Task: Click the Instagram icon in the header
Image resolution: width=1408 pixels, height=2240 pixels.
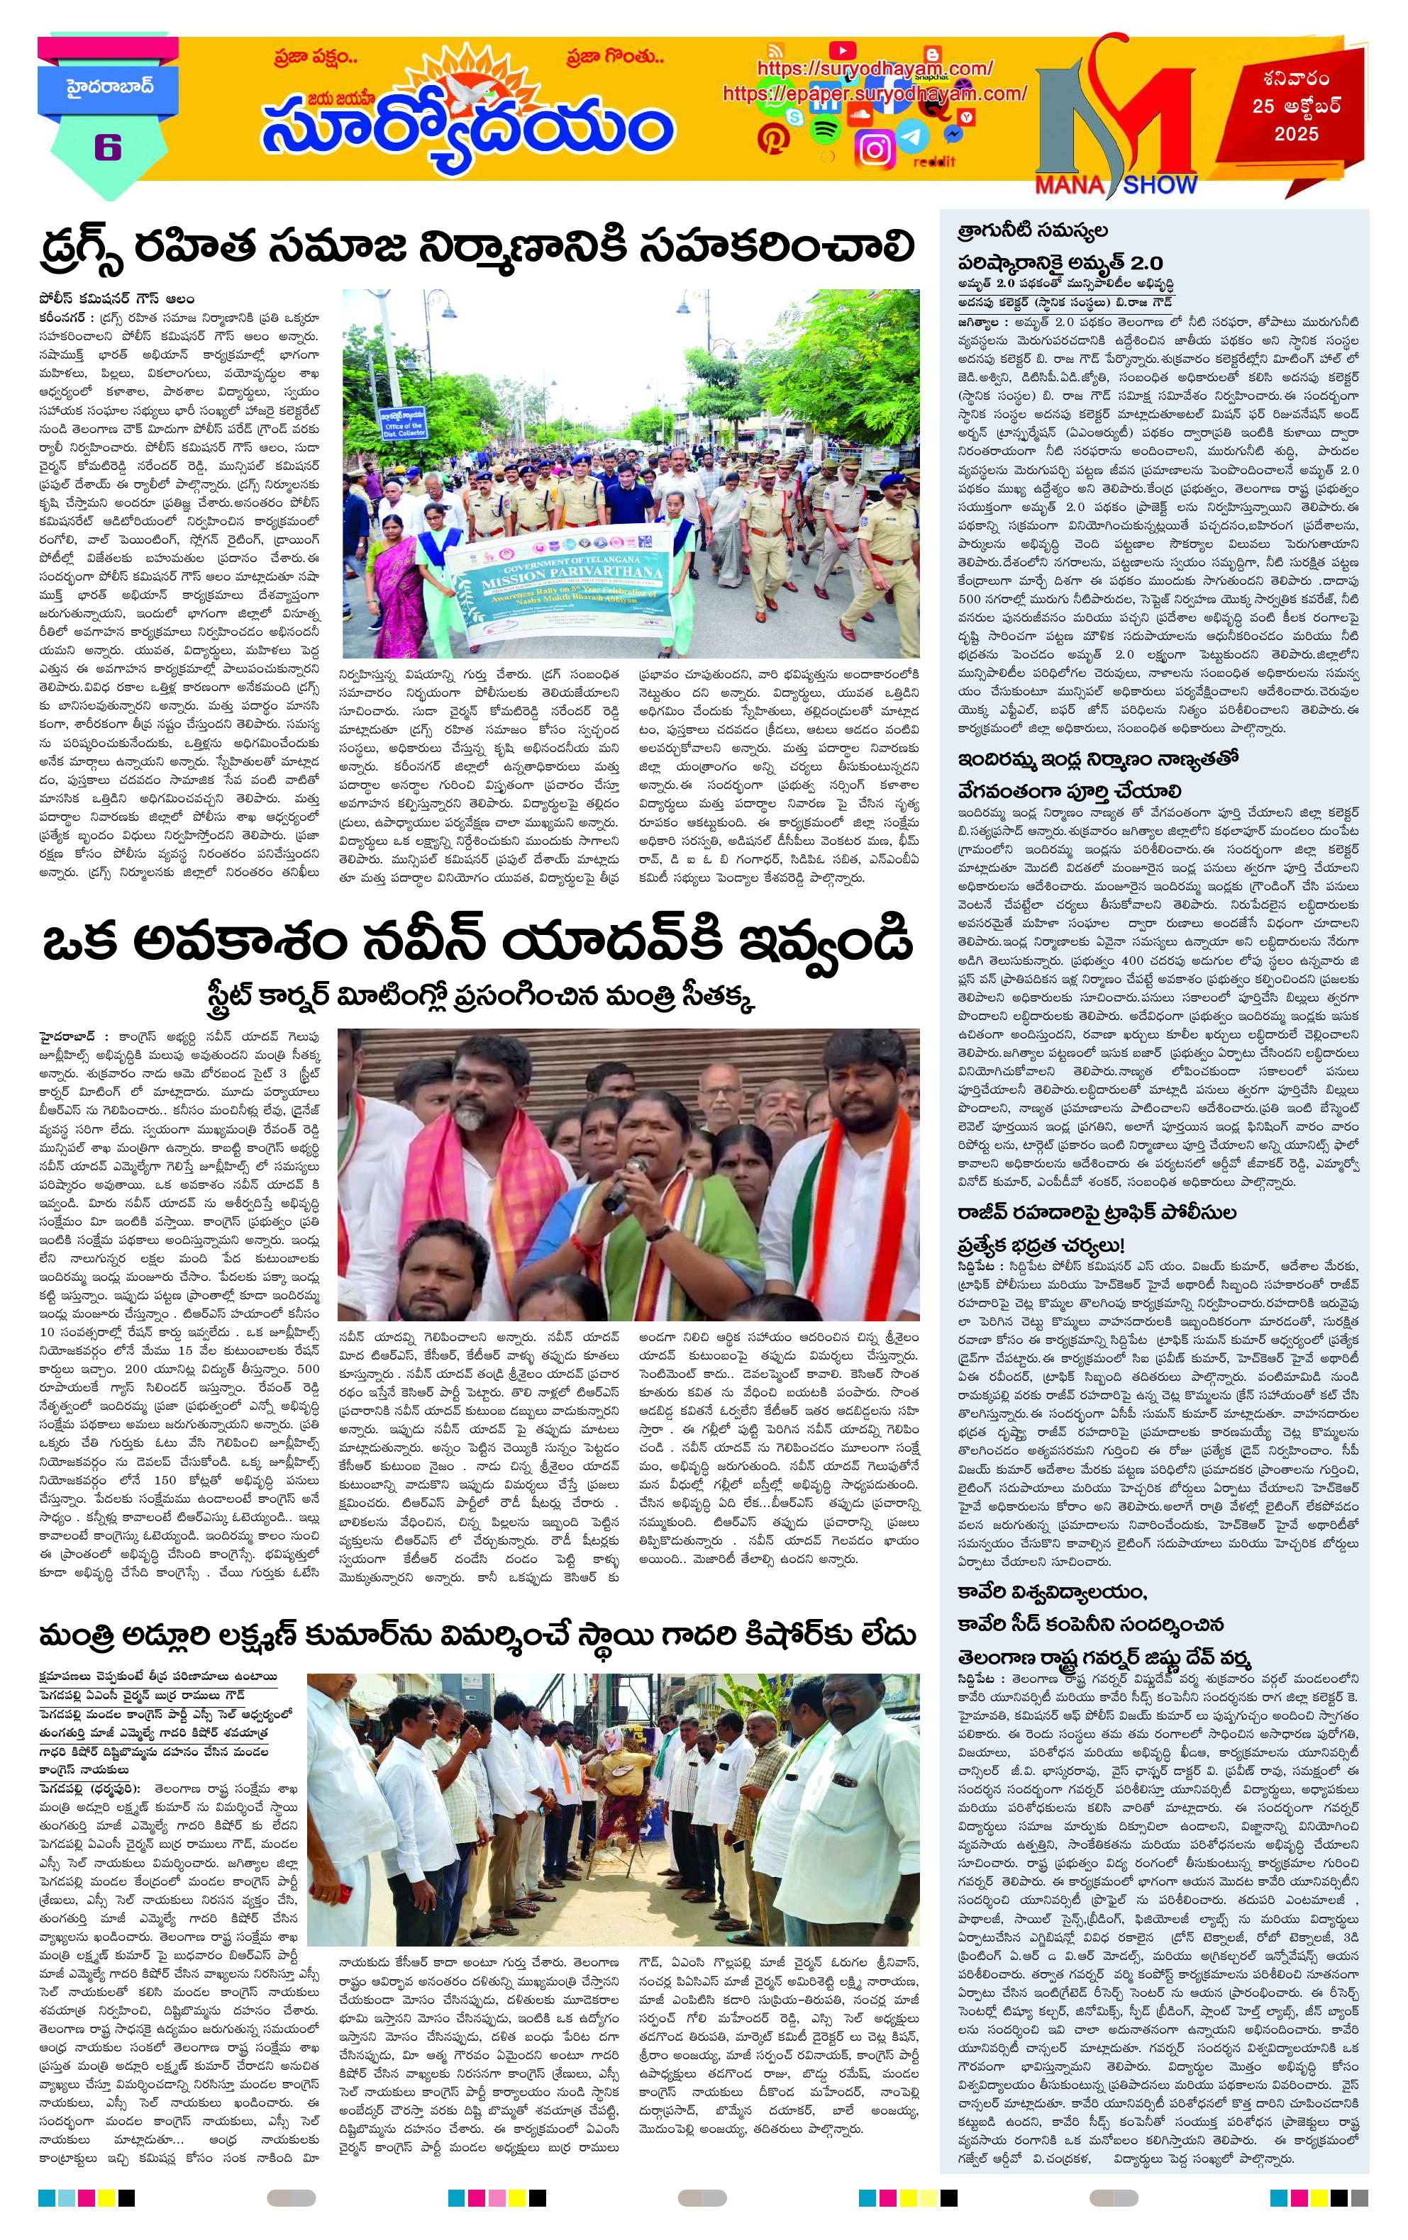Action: click(x=874, y=149)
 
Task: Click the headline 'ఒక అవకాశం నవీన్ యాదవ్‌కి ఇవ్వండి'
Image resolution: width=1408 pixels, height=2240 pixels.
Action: click(x=477, y=942)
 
